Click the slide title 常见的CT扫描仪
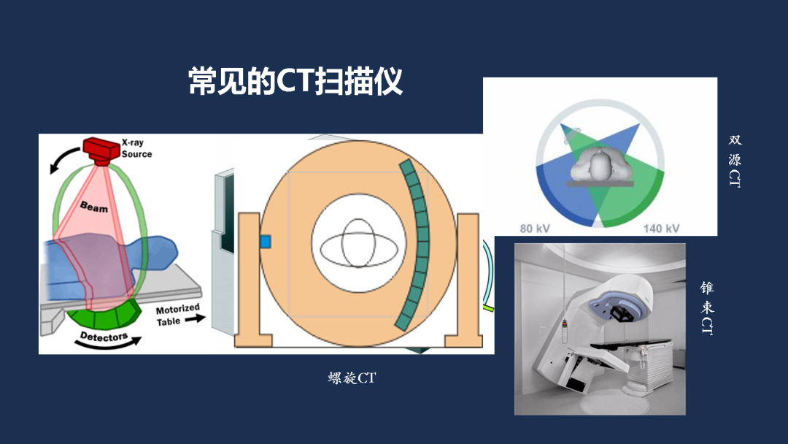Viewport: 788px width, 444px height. click(295, 81)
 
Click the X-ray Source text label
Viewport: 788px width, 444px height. click(136, 149)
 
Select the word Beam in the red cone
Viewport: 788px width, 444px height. click(94, 207)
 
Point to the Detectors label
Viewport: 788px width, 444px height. click(104, 339)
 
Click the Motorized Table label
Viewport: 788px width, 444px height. click(177, 315)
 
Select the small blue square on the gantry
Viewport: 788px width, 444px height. click(266, 241)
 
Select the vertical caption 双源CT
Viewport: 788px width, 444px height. click(735, 161)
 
